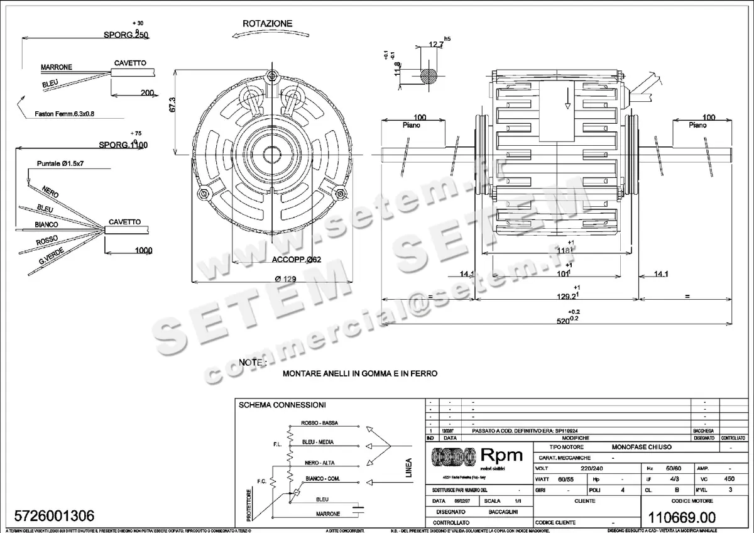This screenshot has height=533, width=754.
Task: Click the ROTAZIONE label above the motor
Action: (268, 23)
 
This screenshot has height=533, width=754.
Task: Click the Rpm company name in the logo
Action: (501, 456)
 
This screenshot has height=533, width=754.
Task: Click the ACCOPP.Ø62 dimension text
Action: (297, 260)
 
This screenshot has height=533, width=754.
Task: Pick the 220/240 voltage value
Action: (586, 469)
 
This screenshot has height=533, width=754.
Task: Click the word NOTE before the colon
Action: (251, 363)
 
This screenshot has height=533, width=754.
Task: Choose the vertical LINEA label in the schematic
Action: (409, 468)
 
